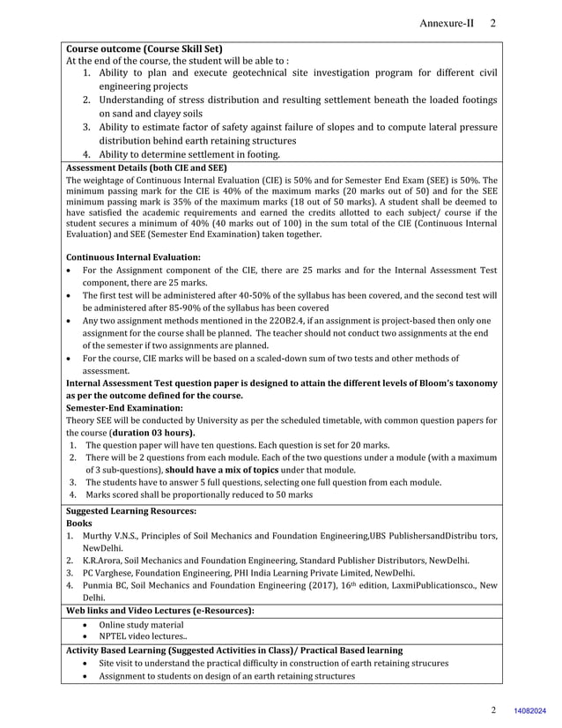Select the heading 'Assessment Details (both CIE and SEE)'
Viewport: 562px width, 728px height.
[x=146, y=167]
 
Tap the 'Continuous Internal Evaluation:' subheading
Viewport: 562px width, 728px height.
[x=133, y=256]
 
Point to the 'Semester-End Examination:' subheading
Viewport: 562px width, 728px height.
[x=124, y=408]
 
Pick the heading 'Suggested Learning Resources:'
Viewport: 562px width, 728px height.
[x=131, y=510]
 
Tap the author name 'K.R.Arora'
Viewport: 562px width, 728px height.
[x=102, y=560]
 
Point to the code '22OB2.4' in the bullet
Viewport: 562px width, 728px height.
[x=317, y=321]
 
